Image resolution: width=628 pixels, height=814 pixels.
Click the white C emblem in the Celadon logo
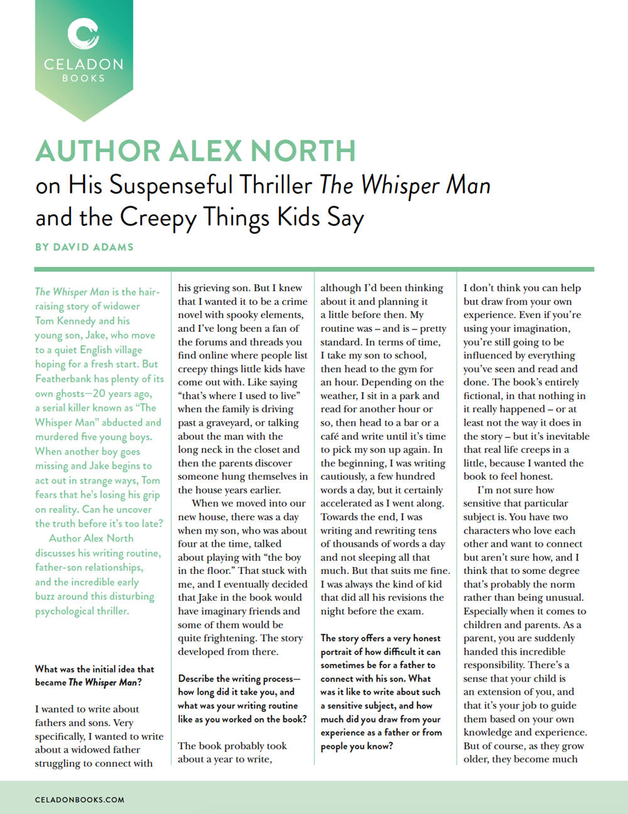84,34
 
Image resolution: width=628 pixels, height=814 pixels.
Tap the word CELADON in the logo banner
84,64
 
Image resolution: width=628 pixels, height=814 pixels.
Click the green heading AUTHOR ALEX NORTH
195,151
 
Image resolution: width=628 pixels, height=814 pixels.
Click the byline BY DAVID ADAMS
84,247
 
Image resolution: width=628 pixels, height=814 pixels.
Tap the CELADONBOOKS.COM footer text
80,800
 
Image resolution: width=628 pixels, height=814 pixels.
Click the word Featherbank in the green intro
65,379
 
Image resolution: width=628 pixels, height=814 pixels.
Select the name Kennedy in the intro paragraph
75,321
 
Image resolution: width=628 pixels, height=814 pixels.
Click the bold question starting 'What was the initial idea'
94,676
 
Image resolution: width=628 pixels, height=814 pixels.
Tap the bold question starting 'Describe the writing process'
242,699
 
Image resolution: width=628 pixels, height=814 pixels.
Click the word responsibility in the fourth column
500,665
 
